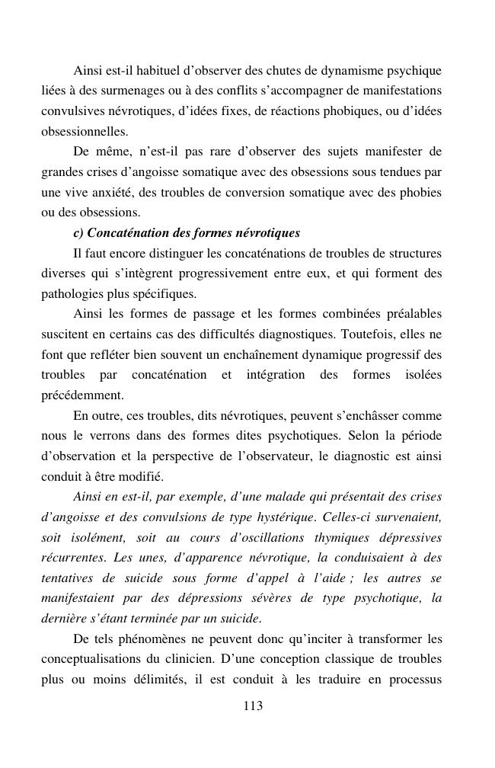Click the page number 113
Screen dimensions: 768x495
(252, 706)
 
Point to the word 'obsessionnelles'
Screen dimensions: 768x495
(85, 132)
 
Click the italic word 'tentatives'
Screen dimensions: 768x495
(69, 578)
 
